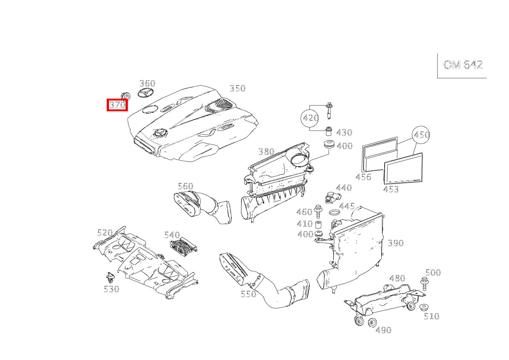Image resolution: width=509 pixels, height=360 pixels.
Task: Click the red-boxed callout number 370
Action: tap(117, 105)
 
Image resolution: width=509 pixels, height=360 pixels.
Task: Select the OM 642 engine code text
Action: tap(463, 65)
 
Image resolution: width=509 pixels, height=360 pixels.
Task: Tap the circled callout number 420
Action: tap(311, 118)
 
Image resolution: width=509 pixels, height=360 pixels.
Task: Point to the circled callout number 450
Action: tap(421, 135)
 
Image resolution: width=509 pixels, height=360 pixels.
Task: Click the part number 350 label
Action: tap(238, 88)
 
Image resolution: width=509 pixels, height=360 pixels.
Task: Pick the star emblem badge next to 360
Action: tap(145, 94)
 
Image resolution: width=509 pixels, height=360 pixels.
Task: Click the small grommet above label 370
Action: tap(125, 96)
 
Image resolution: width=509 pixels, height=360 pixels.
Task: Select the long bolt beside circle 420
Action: tap(329, 111)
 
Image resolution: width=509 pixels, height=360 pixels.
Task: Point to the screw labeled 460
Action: tap(318, 211)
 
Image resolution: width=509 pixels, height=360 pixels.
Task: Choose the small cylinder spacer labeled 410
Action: tap(319, 224)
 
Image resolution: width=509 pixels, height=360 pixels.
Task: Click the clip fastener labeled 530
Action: tap(111, 278)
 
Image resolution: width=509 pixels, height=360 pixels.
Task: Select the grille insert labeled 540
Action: tap(183, 246)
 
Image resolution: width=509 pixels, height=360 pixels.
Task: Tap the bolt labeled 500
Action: tap(424, 284)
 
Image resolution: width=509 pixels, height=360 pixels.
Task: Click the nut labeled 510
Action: tap(424, 307)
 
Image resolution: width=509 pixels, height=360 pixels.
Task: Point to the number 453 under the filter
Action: tap(391, 189)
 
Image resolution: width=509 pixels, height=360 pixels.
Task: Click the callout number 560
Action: tap(185, 186)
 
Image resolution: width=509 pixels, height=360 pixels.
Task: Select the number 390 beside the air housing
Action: tap(396, 243)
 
